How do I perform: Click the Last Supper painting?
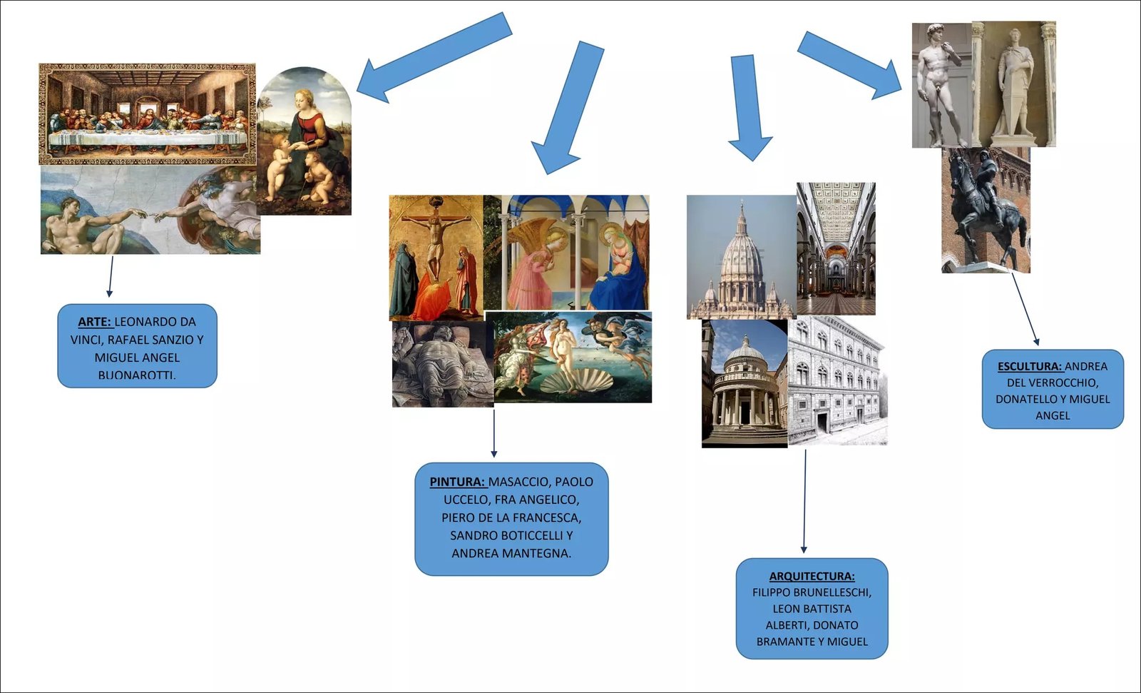[147, 114]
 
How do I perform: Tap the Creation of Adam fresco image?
[150, 211]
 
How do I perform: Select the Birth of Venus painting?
[573, 357]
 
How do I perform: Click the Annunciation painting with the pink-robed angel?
[566, 253]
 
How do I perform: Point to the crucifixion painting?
[436, 257]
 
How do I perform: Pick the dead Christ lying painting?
[442, 364]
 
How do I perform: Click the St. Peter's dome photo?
[741, 257]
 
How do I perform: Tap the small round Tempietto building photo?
[745, 383]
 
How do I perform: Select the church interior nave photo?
[836, 248]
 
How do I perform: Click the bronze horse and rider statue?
[986, 211]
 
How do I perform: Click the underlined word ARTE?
[95, 322]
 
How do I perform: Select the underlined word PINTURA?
[457, 482]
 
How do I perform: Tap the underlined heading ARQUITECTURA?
[812, 576]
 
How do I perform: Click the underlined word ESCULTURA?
[1030, 366]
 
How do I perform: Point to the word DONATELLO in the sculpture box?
[1026, 399]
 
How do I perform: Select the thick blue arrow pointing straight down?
[748, 107]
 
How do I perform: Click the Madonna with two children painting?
[305, 143]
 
